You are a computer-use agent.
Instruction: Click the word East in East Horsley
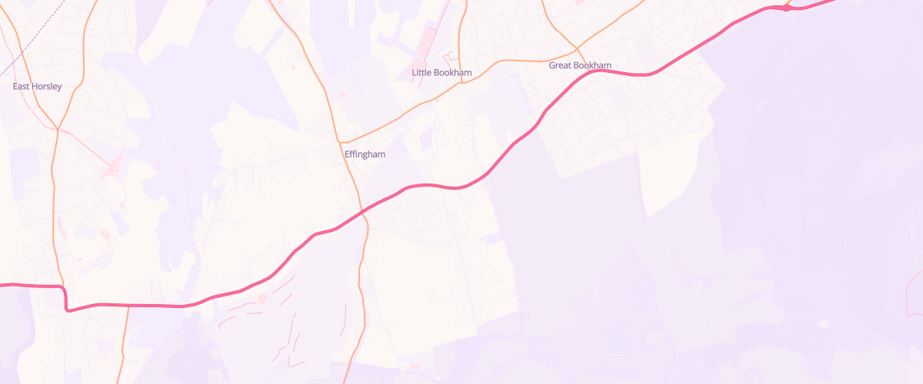[22, 87]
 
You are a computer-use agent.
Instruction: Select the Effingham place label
[365, 154]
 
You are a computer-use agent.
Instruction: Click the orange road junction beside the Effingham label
[340, 142]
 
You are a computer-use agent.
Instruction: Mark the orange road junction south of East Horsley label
[58, 129]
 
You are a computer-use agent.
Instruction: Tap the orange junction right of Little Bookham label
[461, 83]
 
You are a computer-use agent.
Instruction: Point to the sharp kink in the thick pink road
[66, 309]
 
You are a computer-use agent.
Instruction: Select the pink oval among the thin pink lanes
[262, 297]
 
